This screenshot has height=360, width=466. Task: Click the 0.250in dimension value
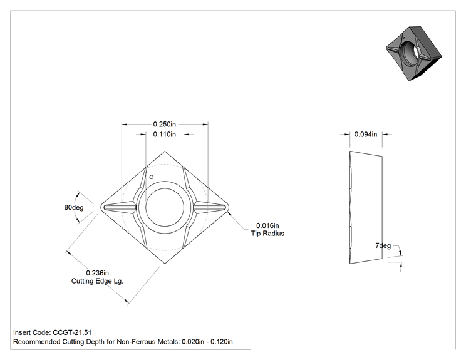click(164, 124)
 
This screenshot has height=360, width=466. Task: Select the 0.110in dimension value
click(164, 135)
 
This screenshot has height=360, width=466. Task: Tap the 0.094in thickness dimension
click(366, 135)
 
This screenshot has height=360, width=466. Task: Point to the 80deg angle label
click(74, 207)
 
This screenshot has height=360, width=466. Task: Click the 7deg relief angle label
click(383, 245)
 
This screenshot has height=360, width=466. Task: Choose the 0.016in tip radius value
click(267, 226)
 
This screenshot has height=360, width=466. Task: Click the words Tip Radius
click(267, 234)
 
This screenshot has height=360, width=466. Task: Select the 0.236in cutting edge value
click(98, 273)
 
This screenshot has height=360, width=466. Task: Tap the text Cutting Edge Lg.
click(97, 281)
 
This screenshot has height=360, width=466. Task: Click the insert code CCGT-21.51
click(72, 332)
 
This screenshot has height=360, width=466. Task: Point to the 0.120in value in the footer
click(222, 342)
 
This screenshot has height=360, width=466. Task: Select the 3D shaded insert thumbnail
click(413, 53)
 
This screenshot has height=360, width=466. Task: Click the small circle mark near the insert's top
click(152, 177)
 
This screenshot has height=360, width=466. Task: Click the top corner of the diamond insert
click(165, 151)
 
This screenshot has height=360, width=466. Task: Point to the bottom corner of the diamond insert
click(165, 264)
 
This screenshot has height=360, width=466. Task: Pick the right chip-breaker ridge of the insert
click(210, 207)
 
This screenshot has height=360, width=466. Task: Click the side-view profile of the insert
click(366, 207)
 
